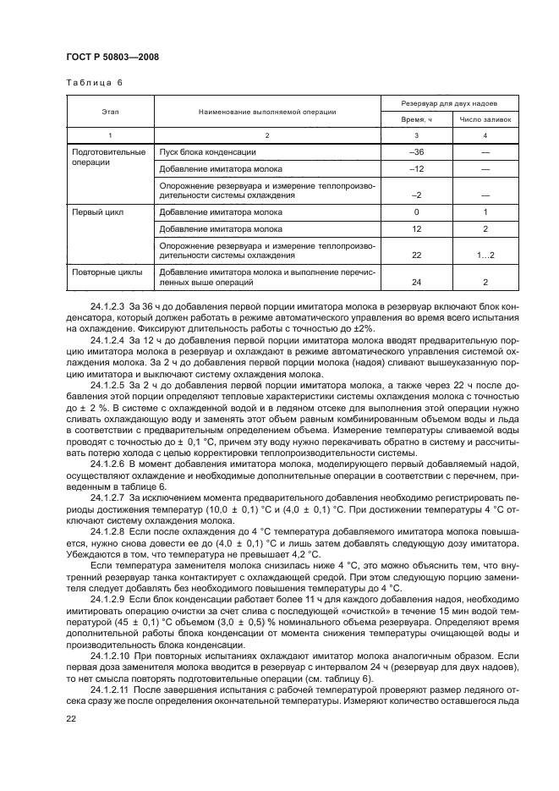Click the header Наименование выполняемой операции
pyautogui.click(x=267, y=111)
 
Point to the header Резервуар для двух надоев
pyautogui.click(x=449, y=102)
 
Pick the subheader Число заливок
pyautogui.click(x=485, y=120)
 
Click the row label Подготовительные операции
pyautogui.click(x=105, y=157)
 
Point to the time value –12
pyautogui.click(x=416, y=169)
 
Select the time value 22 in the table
pyautogui.click(x=416, y=255)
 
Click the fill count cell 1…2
pyautogui.click(x=485, y=255)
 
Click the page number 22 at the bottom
pyautogui.click(x=72, y=718)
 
